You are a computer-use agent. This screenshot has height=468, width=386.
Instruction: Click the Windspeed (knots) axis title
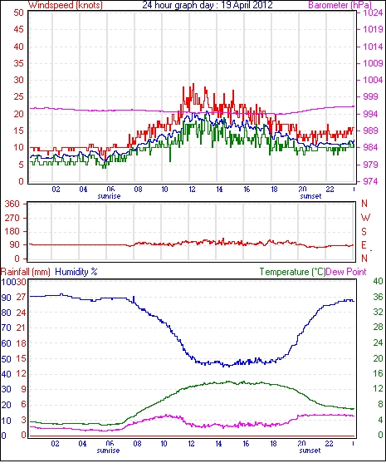(65, 5)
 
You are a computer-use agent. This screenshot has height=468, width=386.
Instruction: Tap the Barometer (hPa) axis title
(340, 5)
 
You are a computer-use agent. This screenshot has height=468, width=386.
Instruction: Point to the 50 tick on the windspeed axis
(18, 12)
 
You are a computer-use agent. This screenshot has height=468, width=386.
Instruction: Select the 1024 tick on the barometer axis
(373, 12)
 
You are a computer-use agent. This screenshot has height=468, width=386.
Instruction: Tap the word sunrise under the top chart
(109, 196)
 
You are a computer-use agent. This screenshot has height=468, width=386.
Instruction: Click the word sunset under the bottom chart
(310, 450)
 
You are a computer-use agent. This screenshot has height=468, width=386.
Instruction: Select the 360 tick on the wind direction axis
(12, 204)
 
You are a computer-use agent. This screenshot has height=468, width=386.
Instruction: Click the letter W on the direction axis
(365, 218)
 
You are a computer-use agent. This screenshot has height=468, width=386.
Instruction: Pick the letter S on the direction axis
(364, 231)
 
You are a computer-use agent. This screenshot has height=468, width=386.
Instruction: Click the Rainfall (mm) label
(26, 272)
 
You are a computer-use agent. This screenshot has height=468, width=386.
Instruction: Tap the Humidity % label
(76, 272)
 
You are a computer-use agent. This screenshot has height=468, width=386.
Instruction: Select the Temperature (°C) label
(292, 272)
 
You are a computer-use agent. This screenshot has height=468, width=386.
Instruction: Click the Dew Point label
(346, 272)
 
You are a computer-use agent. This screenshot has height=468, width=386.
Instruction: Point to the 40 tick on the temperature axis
(378, 281)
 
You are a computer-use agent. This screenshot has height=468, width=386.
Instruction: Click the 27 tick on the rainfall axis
(21, 297)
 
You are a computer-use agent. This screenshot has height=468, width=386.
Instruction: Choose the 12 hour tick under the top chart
(192, 190)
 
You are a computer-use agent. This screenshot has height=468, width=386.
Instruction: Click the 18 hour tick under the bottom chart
(273, 444)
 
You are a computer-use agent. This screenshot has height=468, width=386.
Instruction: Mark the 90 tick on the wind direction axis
(15, 244)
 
